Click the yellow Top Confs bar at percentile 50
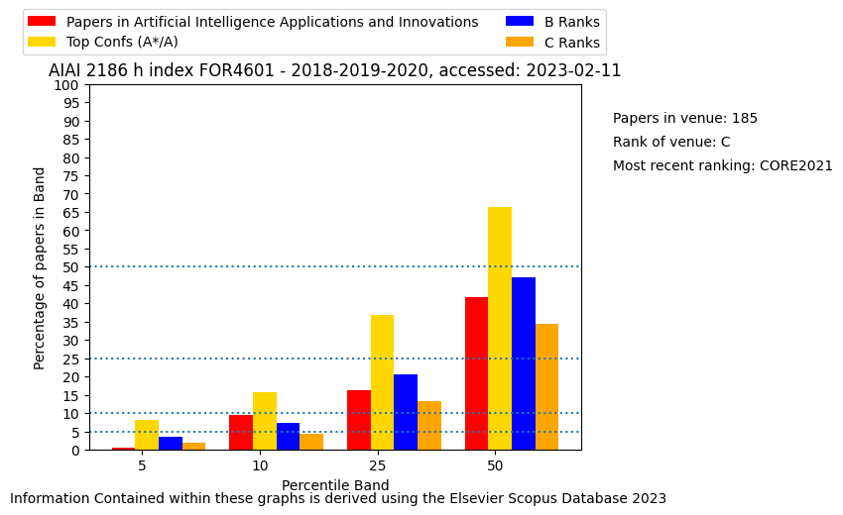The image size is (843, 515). click(x=500, y=329)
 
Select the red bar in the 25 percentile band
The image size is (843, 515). click(x=359, y=420)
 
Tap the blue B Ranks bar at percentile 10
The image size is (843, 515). click(x=289, y=437)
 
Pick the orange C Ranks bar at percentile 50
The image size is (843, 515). click(x=546, y=387)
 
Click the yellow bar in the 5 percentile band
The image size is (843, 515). click(x=147, y=435)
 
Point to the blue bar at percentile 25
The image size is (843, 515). click(x=406, y=412)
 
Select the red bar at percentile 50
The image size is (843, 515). click(x=476, y=373)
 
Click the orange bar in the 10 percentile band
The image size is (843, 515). click(x=311, y=442)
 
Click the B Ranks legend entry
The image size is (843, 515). click(x=552, y=22)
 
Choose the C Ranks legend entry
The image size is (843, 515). click(x=552, y=43)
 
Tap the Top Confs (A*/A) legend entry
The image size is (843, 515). click(x=103, y=42)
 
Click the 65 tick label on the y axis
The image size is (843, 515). click(x=69, y=213)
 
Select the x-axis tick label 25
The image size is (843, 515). click(x=378, y=465)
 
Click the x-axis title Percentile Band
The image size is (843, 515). click(x=335, y=485)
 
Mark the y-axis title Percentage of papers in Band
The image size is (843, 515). click(x=39, y=268)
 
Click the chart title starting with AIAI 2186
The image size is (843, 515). click(x=335, y=70)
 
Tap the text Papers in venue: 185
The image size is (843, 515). click(x=685, y=118)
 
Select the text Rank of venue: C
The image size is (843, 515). click(x=671, y=142)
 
